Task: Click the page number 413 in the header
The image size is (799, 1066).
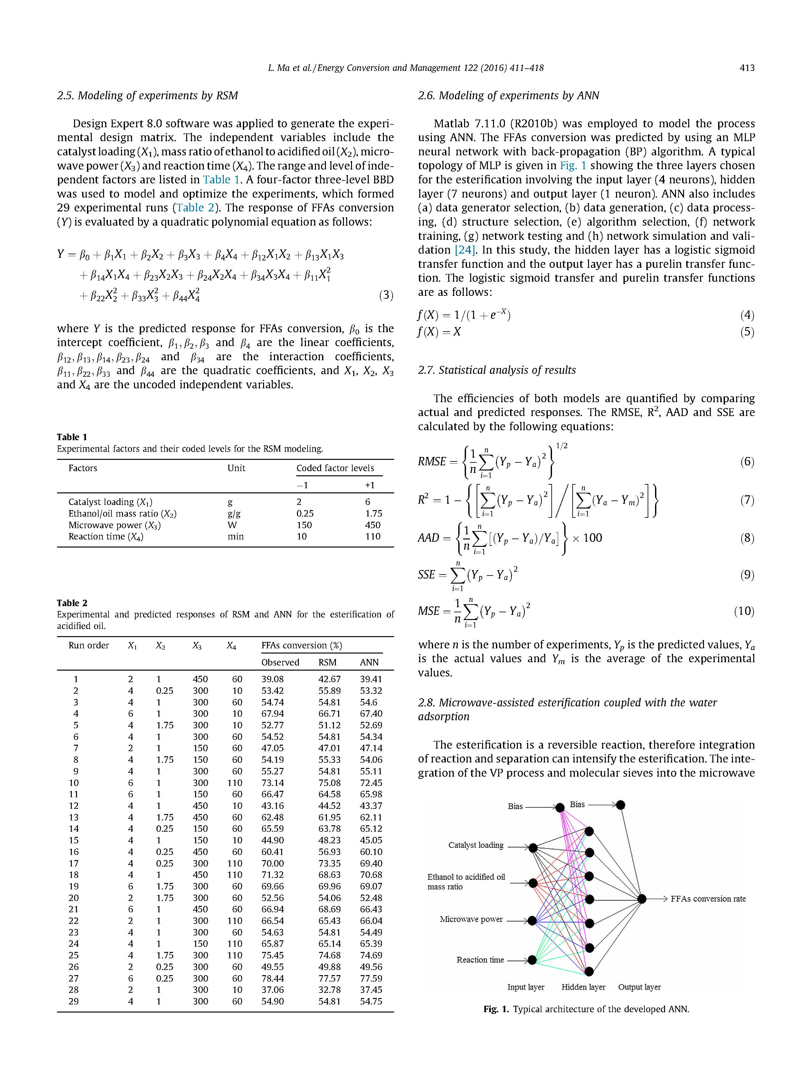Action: click(x=747, y=68)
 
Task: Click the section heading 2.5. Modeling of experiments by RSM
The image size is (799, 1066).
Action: click(x=147, y=95)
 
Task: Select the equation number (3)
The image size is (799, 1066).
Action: click(x=386, y=295)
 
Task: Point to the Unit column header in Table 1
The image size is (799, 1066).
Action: click(x=236, y=468)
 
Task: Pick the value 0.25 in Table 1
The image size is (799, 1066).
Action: click(x=304, y=513)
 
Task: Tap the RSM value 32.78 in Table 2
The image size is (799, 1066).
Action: click(x=329, y=990)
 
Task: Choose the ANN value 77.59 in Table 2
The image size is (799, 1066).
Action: click(x=371, y=978)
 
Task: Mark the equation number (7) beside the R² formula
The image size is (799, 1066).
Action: click(x=747, y=500)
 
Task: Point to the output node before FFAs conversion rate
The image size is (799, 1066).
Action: click(x=642, y=899)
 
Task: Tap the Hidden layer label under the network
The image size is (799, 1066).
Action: click(x=583, y=987)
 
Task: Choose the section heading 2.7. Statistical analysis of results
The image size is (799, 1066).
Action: click(x=497, y=370)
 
